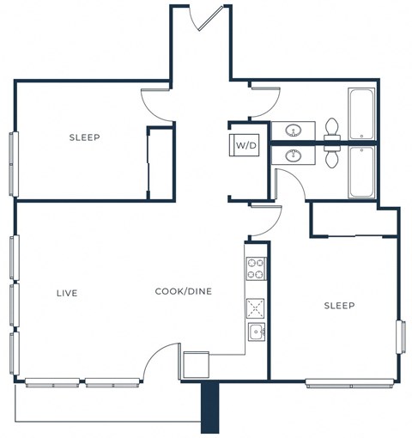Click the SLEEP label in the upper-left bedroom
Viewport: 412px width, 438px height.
pos(85,137)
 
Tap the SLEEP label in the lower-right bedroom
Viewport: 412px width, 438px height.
pos(339,306)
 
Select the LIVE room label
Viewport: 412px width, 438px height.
pos(67,293)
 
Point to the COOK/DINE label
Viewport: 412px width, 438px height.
pos(183,291)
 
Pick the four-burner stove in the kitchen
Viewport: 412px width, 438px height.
pos(256,269)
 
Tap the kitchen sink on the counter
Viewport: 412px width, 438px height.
pos(256,332)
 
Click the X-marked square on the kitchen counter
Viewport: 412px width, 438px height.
pos(256,308)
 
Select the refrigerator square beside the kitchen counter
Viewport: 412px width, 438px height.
pos(196,364)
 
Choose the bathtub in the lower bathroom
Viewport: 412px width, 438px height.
pos(361,171)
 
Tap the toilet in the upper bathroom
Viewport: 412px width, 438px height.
pos(332,129)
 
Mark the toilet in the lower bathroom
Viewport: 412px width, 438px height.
pos(332,155)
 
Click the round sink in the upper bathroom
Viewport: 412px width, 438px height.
pos(294,131)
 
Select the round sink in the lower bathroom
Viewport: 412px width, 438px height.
pos(294,155)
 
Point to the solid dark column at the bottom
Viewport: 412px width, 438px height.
pos(210,408)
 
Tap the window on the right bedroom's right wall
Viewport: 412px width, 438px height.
pos(399,336)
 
